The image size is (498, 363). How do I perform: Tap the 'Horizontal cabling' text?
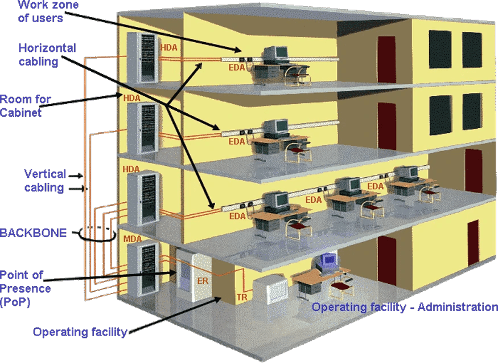[x=47, y=54]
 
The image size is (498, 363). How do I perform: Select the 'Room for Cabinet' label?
[x=26, y=105]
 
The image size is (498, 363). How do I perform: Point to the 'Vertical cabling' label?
[x=44, y=180]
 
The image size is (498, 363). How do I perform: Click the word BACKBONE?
[x=33, y=232]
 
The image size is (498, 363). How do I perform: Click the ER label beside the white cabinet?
[x=203, y=281]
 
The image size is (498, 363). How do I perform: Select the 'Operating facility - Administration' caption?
[x=404, y=307]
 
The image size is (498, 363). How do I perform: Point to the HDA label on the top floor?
[x=169, y=48]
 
